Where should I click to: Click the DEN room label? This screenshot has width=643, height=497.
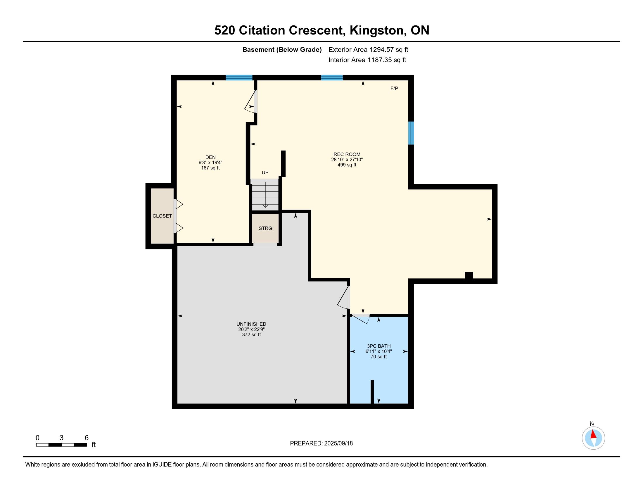[210, 157]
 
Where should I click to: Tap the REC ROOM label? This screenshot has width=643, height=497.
[347, 154]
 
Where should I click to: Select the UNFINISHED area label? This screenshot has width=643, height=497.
[251, 324]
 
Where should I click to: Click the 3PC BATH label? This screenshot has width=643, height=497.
[378, 346]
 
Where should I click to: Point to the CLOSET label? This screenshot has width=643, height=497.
[162, 216]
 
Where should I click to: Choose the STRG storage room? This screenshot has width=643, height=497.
[265, 228]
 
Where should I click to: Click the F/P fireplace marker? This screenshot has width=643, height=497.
[394, 88]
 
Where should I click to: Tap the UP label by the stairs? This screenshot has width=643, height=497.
[265, 172]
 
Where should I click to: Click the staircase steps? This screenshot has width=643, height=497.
[265, 195]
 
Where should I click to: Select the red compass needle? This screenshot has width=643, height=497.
[594, 434]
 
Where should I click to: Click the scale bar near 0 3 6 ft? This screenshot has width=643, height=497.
[62, 445]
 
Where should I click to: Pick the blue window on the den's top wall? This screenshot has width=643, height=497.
[239, 78]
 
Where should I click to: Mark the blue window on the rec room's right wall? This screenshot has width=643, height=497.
[411, 133]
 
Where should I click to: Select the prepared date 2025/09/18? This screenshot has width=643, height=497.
[338, 443]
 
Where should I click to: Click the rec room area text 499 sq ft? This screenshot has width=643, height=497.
[347, 165]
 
